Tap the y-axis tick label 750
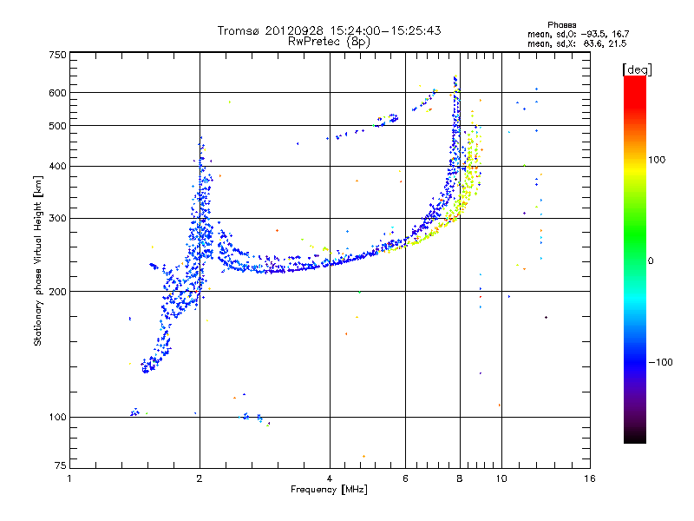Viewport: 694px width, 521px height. (57, 55)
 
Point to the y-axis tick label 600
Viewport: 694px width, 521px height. (57, 93)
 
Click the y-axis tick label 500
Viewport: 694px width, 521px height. (57, 126)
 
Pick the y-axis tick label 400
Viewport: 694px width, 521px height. (57, 166)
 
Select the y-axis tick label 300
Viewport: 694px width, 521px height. (57, 218)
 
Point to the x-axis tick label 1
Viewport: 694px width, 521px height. (69, 478)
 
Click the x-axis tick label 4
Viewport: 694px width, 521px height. (330, 478)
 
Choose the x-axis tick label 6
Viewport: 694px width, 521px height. (406, 478)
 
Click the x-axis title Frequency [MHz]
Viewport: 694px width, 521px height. (329, 490)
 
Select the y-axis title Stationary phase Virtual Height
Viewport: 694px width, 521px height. (38, 260)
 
